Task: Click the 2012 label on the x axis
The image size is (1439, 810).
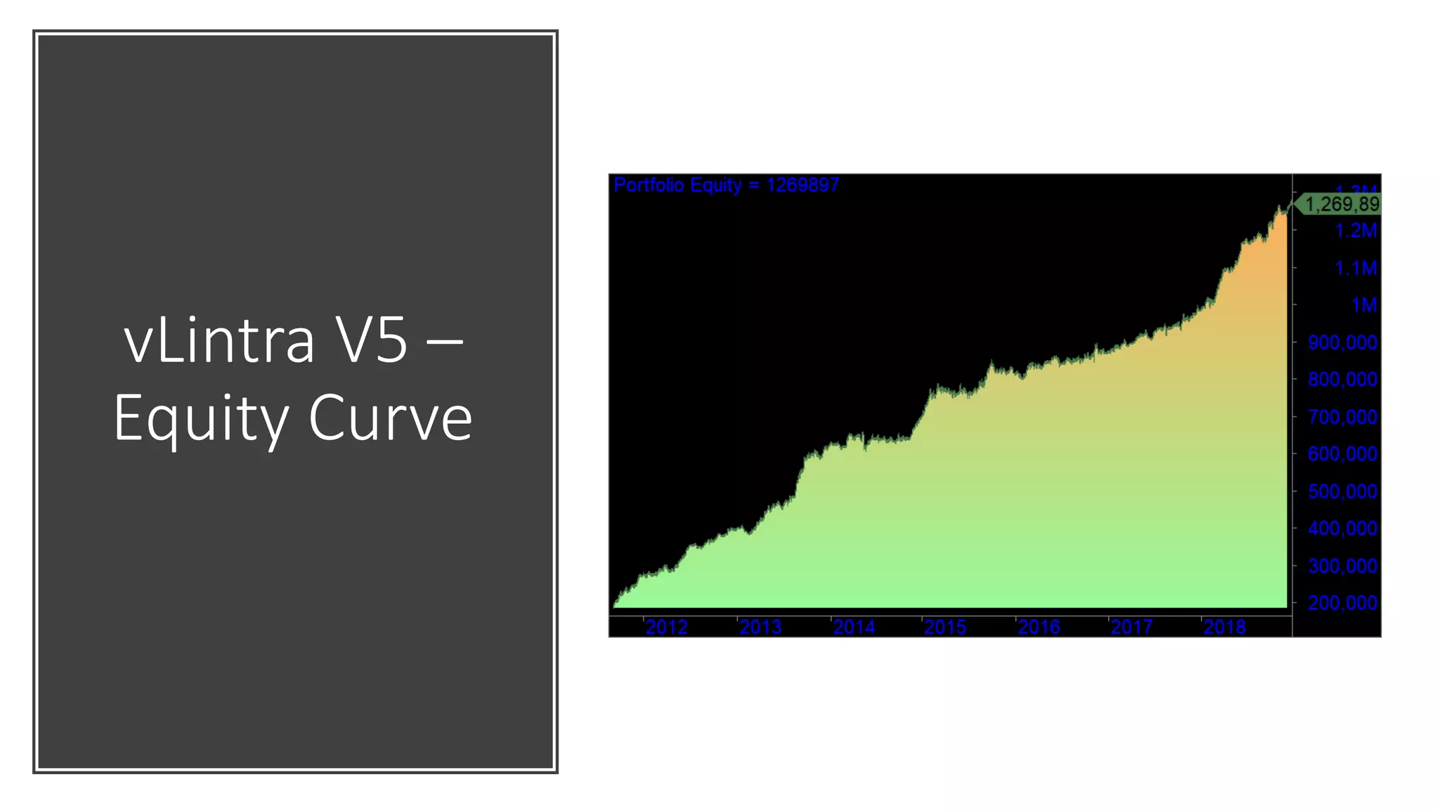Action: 666,626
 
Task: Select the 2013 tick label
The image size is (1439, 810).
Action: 760,626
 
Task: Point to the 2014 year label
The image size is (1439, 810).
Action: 854,626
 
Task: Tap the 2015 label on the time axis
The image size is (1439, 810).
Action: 945,626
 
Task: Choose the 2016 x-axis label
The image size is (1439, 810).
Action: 1038,626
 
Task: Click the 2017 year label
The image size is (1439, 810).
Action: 1131,626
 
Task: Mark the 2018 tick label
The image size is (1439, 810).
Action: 1224,626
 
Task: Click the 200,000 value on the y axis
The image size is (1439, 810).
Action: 1342,603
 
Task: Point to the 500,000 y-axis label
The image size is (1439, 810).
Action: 1342,491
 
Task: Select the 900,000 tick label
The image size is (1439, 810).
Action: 1342,342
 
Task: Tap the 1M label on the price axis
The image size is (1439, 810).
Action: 1364,305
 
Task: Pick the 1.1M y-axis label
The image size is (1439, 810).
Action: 1355,268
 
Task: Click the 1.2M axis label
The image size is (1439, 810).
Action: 1355,231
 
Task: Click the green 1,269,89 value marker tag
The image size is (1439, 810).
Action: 1341,205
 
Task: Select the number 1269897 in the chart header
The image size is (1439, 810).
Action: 802,185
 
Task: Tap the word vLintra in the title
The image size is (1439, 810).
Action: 219,342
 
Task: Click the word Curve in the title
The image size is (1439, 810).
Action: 391,418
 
